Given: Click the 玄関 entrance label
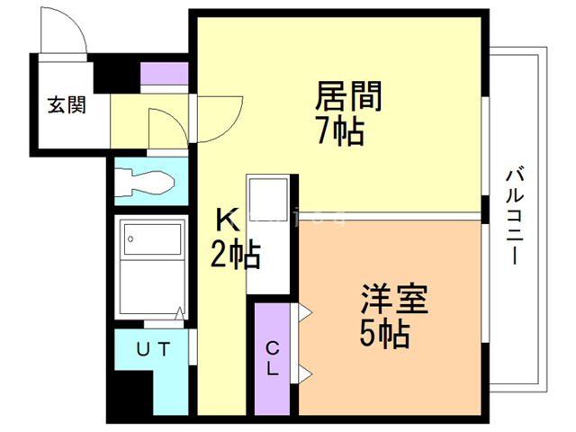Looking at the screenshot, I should click(x=67, y=105).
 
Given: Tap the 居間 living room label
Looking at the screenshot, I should click(x=347, y=96).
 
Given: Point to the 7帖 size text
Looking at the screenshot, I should click(x=339, y=132).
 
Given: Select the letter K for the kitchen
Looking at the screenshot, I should click(x=226, y=220).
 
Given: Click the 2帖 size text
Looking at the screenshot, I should click(x=235, y=256).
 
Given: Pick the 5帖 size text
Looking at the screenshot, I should click(x=386, y=335).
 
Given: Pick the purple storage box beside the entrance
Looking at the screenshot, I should click(x=165, y=74).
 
